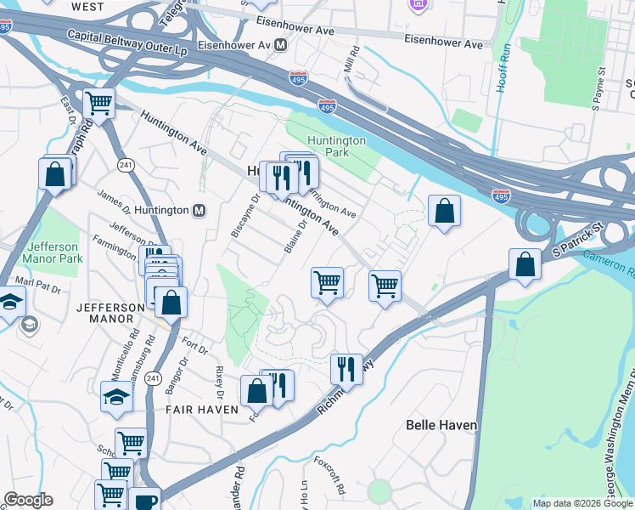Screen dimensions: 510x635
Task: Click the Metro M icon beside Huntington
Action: [x=199, y=211]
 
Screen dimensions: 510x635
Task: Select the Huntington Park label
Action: [x=337, y=146]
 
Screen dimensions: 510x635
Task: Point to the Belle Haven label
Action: [x=441, y=424]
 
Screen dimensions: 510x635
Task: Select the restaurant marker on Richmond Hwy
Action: [x=346, y=369]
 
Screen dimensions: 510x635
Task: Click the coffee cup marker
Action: [x=144, y=501]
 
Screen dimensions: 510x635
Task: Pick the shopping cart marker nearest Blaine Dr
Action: [x=327, y=282]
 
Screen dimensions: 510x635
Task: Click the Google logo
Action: [x=28, y=500]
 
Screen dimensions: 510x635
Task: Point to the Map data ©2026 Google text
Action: [x=582, y=503]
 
